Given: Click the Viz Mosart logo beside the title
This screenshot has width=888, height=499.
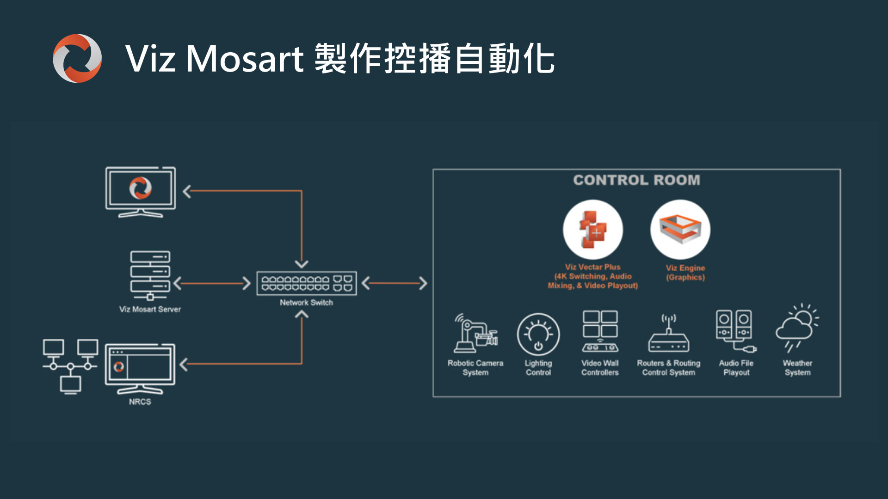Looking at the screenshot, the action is coord(77,58).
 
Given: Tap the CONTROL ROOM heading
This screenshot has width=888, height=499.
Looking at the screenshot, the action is coord(636,180).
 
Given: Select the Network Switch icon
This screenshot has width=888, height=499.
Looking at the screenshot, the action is coord(307,283).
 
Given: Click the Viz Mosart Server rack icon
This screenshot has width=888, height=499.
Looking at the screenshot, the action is coord(150,275).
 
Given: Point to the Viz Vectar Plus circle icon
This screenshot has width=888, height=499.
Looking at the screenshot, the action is coord(593,230).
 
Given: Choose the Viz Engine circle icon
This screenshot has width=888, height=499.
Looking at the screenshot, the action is coord(680,230).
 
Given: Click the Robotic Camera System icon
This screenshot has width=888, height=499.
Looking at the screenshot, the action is coord(475,333).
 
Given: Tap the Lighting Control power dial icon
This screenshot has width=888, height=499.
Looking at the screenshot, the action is coord(538,335).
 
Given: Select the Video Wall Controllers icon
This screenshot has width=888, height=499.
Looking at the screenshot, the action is coord(600,331).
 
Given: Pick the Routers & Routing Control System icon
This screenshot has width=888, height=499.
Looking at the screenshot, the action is coord(669,334).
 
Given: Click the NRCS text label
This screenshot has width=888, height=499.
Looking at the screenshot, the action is coord(140,402).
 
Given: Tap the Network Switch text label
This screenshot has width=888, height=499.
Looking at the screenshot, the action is coord(306,302).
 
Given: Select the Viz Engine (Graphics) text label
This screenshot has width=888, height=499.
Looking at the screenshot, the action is coord(685,272).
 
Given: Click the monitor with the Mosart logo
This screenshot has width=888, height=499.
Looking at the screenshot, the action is coord(141,192).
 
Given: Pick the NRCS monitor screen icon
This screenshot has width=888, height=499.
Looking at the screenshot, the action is coord(140,368).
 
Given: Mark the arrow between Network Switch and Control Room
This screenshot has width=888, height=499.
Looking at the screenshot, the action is coord(395,283).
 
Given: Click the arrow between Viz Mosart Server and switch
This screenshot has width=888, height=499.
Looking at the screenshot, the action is coord(212,283).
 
